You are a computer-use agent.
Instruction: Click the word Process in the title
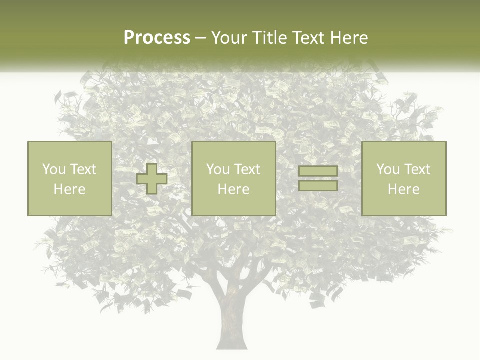click(x=157, y=38)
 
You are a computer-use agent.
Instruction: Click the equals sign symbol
click(x=318, y=179)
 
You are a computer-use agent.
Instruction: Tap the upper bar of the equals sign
click(x=318, y=172)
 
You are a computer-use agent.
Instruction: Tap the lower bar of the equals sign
click(x=318, y=186)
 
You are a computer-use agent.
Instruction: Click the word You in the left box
click(x=54, y=169)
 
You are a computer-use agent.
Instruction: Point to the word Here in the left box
click(x=69, y=189)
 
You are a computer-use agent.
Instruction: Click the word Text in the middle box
click(x=247, y=169)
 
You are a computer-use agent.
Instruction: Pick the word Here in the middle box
click(x=233, y=189)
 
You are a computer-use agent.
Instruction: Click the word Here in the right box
click(x=403, y=189)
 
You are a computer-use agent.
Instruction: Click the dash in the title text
click(x=200, y=38)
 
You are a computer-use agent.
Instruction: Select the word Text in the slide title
click(x=306, y=38)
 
